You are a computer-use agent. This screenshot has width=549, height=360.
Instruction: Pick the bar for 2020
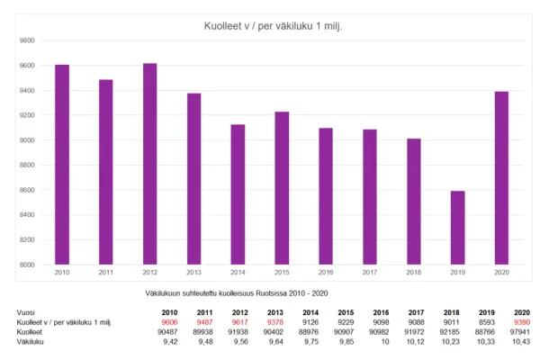(501, 178)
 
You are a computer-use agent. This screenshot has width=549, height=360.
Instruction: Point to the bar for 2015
(282, 188)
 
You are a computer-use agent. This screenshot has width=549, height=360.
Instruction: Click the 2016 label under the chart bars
(326, 272)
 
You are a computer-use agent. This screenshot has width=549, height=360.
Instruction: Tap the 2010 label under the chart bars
(61, 272)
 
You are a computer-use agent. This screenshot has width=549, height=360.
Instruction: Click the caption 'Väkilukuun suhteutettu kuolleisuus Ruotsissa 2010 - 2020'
(242, 293)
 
